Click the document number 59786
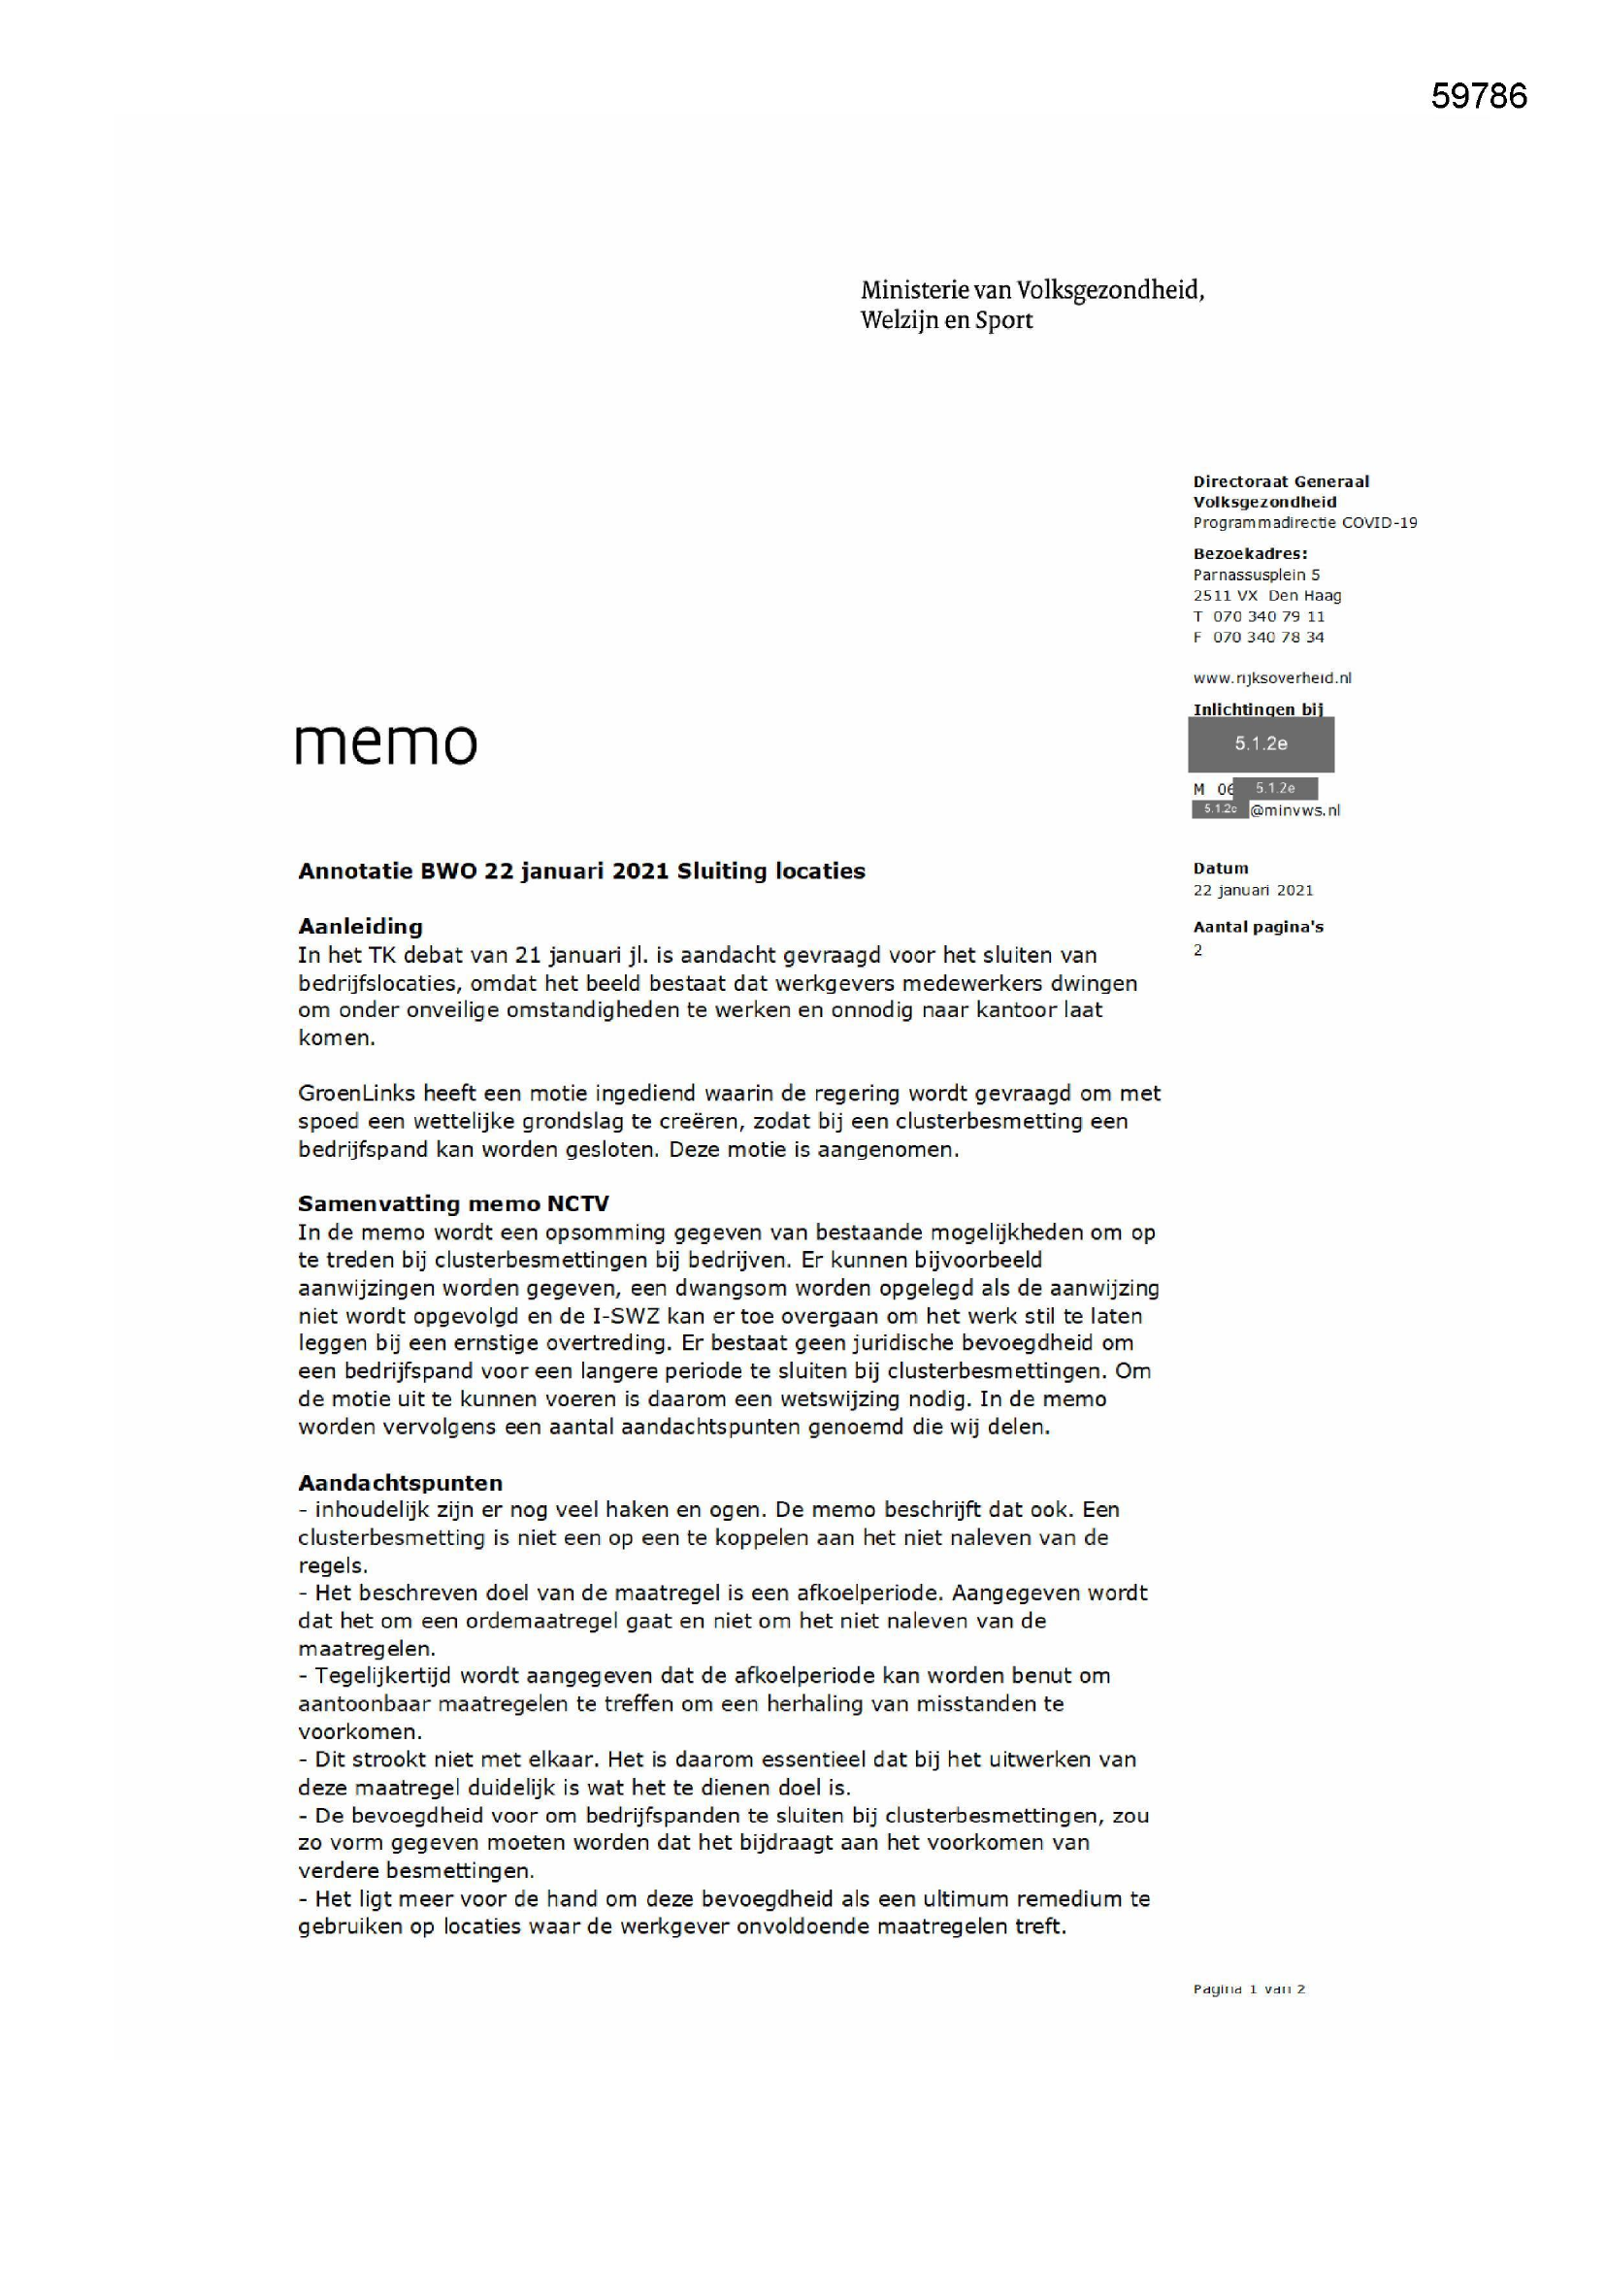tap(1478, 96)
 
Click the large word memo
tap(385, 743)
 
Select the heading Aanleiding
tap(360, 926)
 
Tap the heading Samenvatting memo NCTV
tap(452, 1202)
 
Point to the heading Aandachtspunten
tap(400, 1482)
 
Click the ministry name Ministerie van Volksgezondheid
tap(1032, 289)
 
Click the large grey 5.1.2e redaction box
tap(1261, 743)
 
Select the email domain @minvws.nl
tap(1294, 810)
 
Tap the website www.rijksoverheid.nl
tap(1271, 678)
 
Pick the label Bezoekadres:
tap(1249, 553)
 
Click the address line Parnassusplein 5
tap(1255, 575)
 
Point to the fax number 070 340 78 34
tap(1268, 638)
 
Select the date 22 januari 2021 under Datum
tap(1252, 890)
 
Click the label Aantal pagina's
tap(1257, 927)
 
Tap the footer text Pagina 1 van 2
tap(1248, 1989)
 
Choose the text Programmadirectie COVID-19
tap(1303, 523)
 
